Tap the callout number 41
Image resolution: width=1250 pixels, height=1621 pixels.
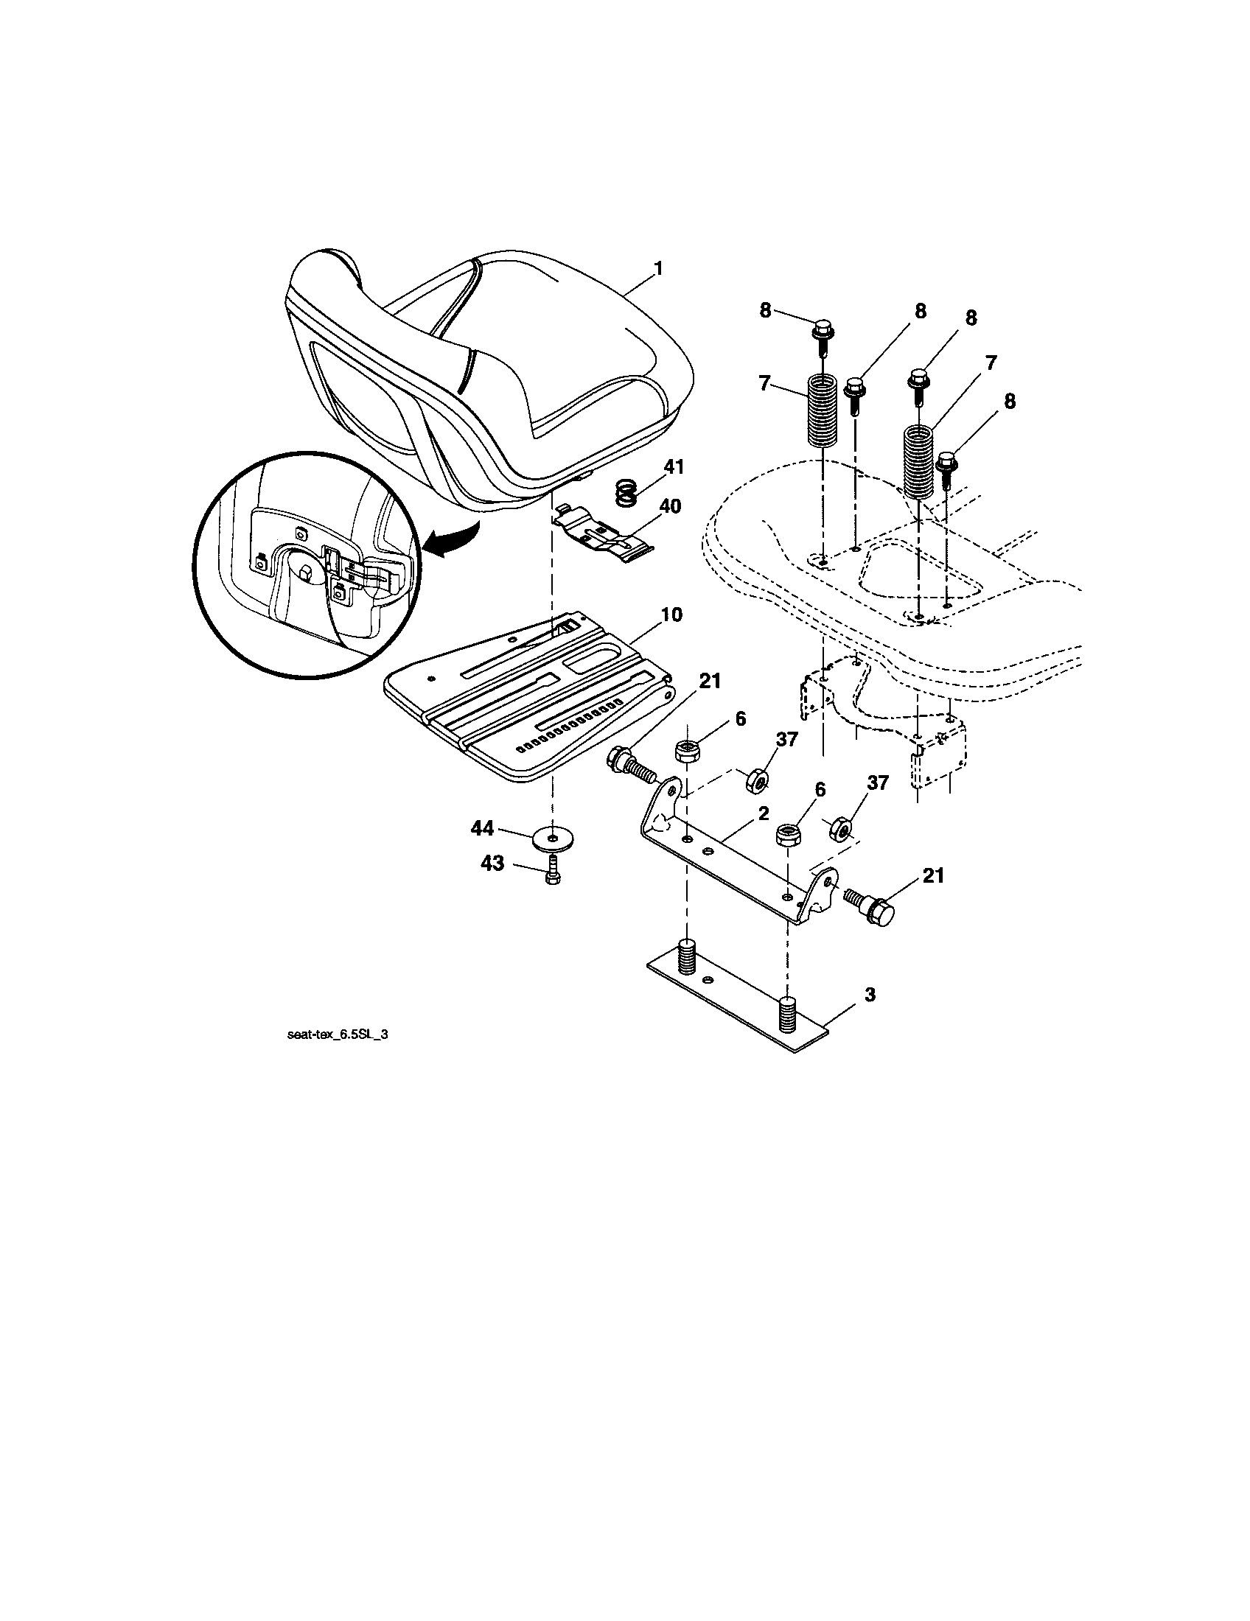coord(674,468)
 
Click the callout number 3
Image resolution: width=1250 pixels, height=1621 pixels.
coord(870,994)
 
